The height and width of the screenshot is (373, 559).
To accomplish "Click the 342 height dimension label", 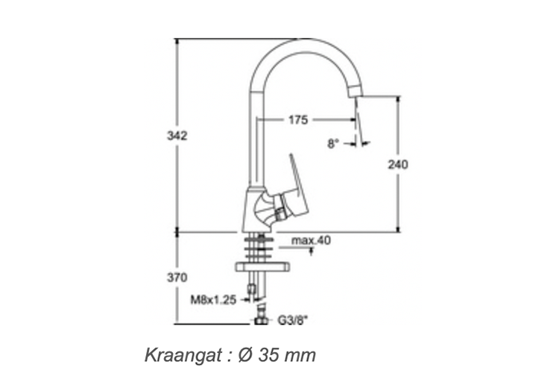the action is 177,136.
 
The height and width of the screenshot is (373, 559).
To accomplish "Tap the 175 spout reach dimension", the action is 298,120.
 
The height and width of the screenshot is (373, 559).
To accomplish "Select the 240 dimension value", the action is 398,165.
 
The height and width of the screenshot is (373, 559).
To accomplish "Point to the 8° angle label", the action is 332,143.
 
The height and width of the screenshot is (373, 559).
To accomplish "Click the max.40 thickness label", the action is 311,240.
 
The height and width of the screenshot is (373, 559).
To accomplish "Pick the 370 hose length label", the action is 177,278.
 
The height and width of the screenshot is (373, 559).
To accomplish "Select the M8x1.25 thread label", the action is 213,300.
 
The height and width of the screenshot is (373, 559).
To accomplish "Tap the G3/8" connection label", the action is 292,321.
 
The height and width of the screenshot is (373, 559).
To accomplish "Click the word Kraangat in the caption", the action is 183,356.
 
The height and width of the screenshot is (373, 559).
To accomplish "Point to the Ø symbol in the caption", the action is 246,356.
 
